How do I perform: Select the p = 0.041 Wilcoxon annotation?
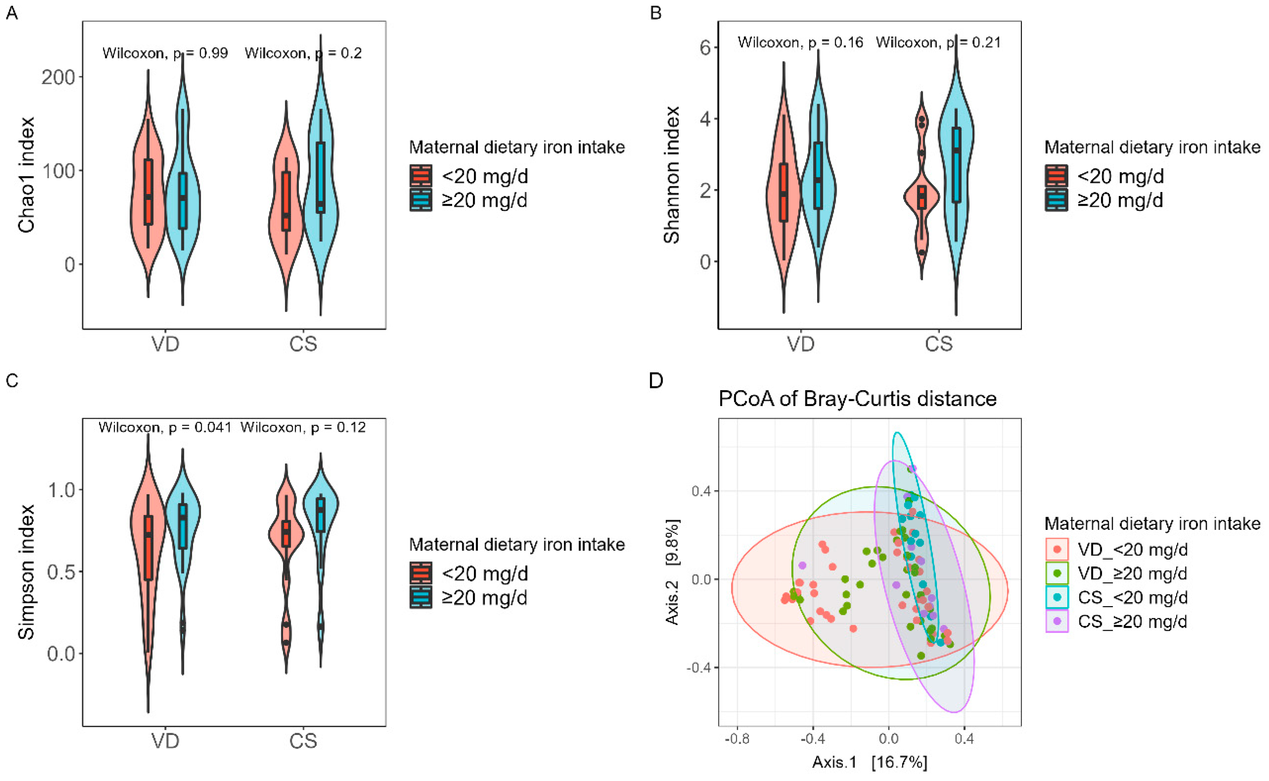coord(165,427)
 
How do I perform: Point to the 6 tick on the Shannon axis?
coord(705,48)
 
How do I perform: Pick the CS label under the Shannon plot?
coord(938,344)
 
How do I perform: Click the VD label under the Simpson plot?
coord(165,741)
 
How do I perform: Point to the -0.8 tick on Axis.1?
coord(737,739)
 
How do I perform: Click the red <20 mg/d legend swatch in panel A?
coord(421,176)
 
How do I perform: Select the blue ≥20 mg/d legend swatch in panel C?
coord(421,598)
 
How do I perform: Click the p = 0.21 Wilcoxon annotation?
coord(938,42)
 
